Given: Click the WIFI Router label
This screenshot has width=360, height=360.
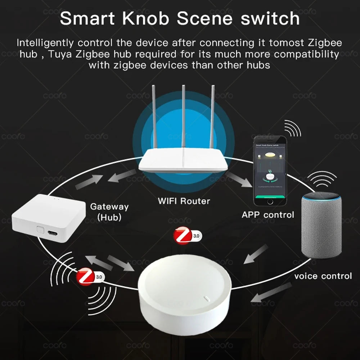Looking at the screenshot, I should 184,201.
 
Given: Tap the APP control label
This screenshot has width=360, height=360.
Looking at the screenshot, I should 268,215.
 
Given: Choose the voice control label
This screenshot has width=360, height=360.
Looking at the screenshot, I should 323,276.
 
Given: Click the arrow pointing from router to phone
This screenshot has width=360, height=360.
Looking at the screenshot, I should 240,180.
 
